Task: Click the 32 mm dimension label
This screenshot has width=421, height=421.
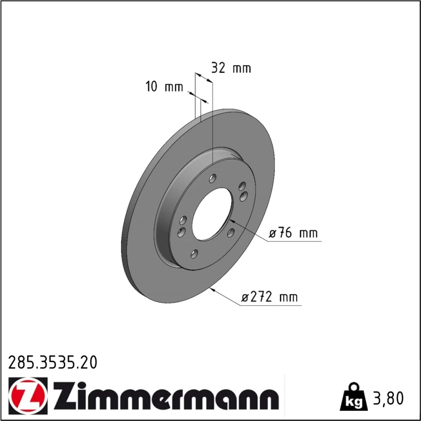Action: [x=231, y=68]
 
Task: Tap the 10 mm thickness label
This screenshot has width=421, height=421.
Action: [x=164, y=87]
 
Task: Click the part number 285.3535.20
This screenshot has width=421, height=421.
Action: [x=53, y=362]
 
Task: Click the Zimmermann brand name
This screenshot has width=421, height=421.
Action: [x=166, y=395]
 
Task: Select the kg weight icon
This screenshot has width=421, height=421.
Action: [x=354, y=397]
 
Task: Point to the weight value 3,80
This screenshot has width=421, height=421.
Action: [x=388, y=398]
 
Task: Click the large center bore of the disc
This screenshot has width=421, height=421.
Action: [x=212, y=214]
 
